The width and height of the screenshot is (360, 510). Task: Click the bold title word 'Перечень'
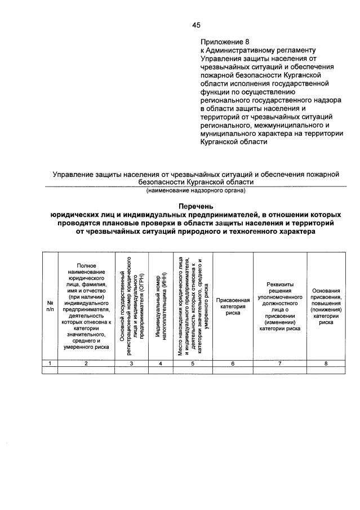pyautogui.click(x=195, y=207)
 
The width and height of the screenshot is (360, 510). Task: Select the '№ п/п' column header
pyautogui.click(x=50, y=305)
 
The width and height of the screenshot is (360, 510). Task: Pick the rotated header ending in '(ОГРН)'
pyautogui.click(x=131, y=305)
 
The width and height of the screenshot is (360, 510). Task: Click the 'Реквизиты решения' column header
pyautogui.click(x=279, y=305)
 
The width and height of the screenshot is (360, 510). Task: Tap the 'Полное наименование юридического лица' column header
pyautogui.click(x=86, y=305)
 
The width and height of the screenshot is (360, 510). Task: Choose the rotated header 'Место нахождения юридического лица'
pyautogui.click(x=193, y=305)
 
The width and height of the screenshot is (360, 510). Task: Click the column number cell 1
pyautogui.click(x=50, y=363)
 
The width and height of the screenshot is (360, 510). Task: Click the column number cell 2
pyautogui.click(x=86, y=363)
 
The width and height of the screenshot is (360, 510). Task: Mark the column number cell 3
pyautogui.click(x=131, y=363)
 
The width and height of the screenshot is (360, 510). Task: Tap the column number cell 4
pyautogui.click(x=161, y=363)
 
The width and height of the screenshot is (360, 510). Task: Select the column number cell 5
pyautogui.click(x=193, y=363)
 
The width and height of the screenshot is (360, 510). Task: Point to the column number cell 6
pyautogui.click(x=233, y=363)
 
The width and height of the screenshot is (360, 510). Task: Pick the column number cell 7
pyautogui.click(x=279, y=363)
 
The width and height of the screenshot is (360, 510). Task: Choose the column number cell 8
pyautogui.click(x=326, y=363)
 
